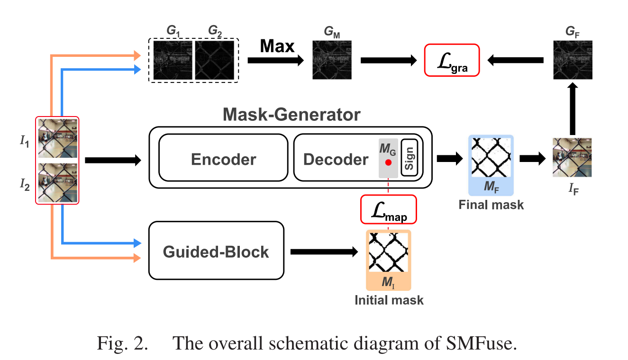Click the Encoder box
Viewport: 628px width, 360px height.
pos(223,160)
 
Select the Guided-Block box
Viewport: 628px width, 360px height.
pos(216,252)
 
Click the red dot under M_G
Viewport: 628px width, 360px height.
pos(388,162)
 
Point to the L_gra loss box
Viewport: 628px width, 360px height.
pos(452,60)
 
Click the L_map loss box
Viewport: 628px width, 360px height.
pos(388,209)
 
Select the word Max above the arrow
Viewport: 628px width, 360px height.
pos(277,47)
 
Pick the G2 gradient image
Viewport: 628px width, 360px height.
pos(215,60)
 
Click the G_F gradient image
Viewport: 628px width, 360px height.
pos(573,60)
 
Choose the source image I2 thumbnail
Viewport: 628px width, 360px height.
pos(57,182)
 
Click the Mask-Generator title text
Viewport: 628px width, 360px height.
pos(292,115)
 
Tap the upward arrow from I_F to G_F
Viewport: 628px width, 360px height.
pos(573,109)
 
